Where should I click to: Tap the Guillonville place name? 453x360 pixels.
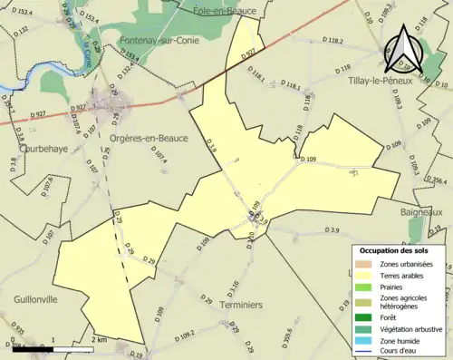pos(35,297)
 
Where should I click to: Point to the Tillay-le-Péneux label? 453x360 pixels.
pos(381,81)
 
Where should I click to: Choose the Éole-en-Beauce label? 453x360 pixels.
pos(226,11)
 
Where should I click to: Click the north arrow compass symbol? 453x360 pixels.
pos(401,50)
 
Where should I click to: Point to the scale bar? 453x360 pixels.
pos(54,346)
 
